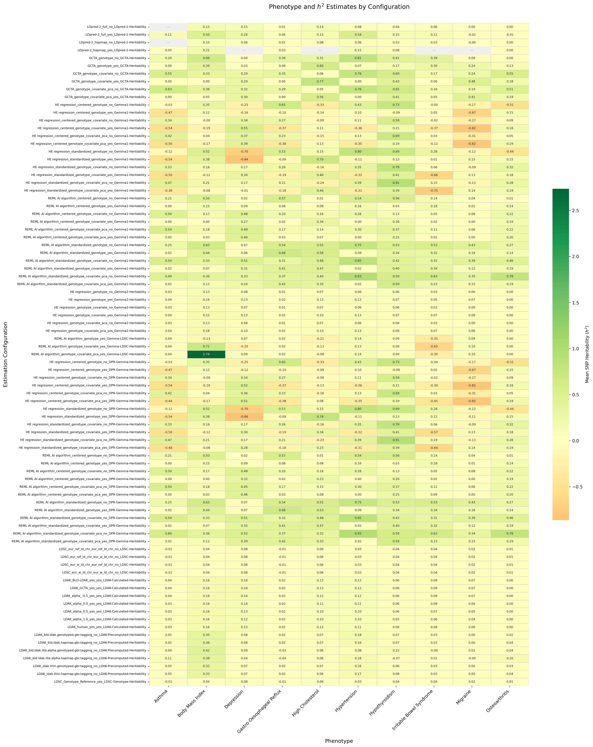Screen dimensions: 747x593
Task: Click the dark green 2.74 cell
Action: point(206,354)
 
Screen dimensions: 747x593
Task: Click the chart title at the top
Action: point(339,7)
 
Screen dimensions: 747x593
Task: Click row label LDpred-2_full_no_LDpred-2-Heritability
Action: point(117,27)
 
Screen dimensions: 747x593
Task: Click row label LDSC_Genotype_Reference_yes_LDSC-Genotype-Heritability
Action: point(100,682)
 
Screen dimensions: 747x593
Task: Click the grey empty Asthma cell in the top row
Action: point(168,27)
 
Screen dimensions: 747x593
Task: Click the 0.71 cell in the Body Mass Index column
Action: point(206,346)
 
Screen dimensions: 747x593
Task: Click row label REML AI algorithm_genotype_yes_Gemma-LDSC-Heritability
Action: point(100,338)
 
